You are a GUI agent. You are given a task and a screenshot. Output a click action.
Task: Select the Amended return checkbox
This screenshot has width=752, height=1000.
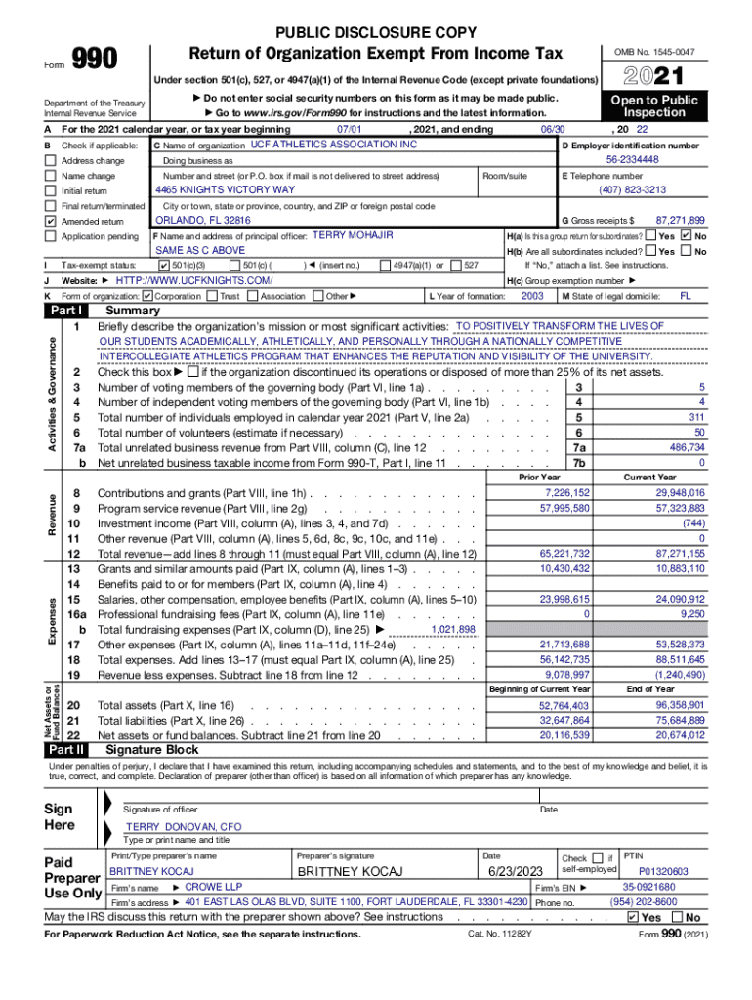(x=50, y=222)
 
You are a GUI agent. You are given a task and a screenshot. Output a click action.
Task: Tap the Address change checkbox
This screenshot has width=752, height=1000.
(x=50, y=160)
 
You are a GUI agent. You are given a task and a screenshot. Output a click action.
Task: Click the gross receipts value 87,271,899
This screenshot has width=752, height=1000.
(x=680, y=221)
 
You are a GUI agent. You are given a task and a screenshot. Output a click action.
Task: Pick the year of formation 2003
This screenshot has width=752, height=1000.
(x=532, y=295)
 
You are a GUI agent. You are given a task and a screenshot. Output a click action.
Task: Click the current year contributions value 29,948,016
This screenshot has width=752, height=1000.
(x=679, y=493)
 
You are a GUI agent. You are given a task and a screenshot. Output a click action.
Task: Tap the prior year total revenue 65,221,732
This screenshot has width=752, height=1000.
(x=564, y=553)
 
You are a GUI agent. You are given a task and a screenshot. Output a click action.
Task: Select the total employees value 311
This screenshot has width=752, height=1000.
(x=695, y=417)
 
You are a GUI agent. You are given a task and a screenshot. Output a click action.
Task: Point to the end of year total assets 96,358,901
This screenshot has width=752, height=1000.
(x=679, y=704)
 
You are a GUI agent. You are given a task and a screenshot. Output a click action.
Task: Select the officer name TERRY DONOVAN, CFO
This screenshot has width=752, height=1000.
(x=184, y=826)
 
